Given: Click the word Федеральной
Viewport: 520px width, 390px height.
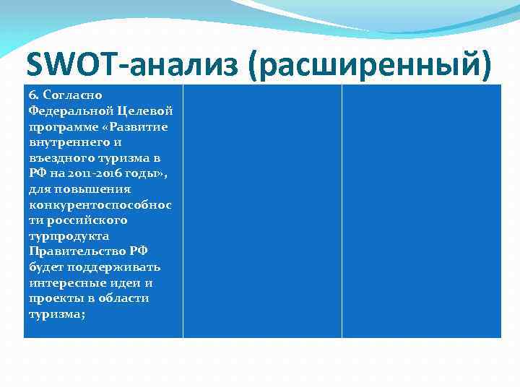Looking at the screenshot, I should (66, 111).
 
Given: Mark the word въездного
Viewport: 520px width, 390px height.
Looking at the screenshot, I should (60, 158).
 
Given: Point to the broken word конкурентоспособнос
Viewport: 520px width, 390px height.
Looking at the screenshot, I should (100, 205).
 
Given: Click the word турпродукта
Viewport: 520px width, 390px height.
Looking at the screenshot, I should (69, 236).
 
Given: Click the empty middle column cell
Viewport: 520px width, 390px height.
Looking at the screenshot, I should (262, 211).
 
